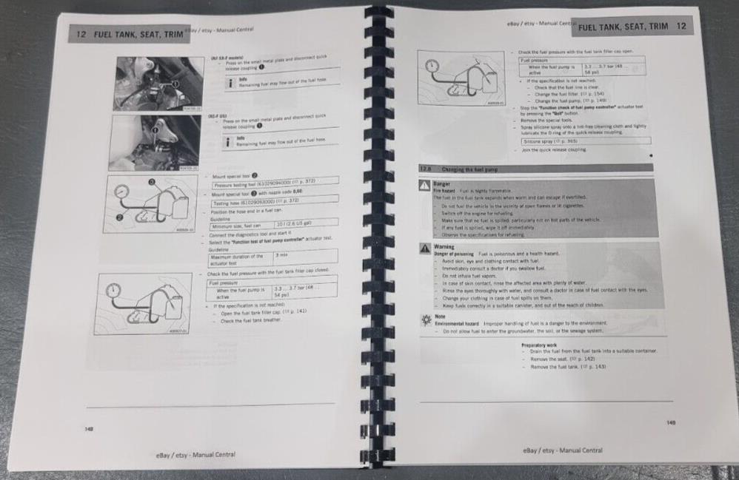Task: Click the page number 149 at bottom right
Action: click(670, 422)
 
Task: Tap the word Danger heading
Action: click(443, 184)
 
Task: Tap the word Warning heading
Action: click(445, 247)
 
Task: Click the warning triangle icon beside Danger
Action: click(425, 186)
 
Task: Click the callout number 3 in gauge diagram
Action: click(151, 181)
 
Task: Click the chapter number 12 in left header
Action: click(82, 34)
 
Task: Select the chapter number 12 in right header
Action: click(681, 27)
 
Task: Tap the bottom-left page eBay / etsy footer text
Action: click(195, 455)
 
